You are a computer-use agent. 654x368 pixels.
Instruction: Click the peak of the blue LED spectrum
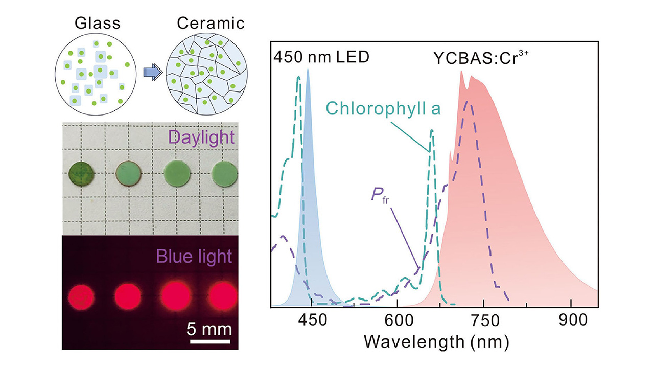(308, 70)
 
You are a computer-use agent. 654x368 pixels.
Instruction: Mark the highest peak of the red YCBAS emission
(462, 72)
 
